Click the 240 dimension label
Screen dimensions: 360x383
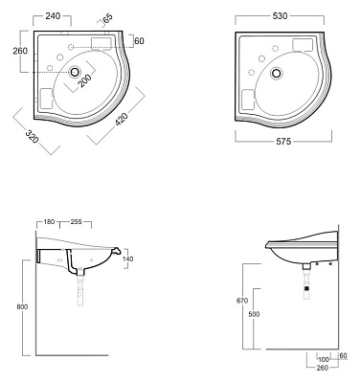[53, 16]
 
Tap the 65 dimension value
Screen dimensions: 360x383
[108, 18]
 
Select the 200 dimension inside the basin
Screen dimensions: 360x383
[84, 80]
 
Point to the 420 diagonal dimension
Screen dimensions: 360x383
[122, 119]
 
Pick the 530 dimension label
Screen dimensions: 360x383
[280, 16]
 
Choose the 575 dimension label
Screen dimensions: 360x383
[283, 141]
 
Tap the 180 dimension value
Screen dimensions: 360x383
[49, 221]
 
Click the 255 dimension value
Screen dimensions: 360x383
[76, 221]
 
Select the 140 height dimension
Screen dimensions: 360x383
[127, 259]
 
